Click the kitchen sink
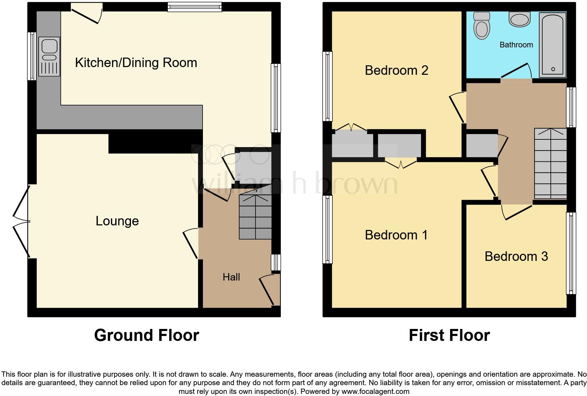pyautogui.click(x=49, y=57)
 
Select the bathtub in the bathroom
pyautogui.click(x=553, y=45)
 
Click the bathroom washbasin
pyautogui.click(x=520, y=19)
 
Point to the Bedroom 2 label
pyautogui.click(x=396, y=71)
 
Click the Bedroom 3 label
pyautogui.click(x=516, y=257)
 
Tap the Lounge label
pyautogui.click(x=117, y=221)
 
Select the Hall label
pyautogui.click(x=231, y=277)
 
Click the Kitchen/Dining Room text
pyautogui.click(x=136, y=63)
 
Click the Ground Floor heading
pyautogui.click(x=146, y=335)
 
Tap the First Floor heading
pyautogui.click(x=449, y=335)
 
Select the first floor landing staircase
pyautogui.click(x=550, y=163)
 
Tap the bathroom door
pyautogui.click(x=516, y=72)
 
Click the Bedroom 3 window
pyautogui.click(x=571, y=253)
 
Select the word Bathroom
pyautogui.click(x=516, y=45)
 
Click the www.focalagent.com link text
pyautogui.click(x=375, y=391)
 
